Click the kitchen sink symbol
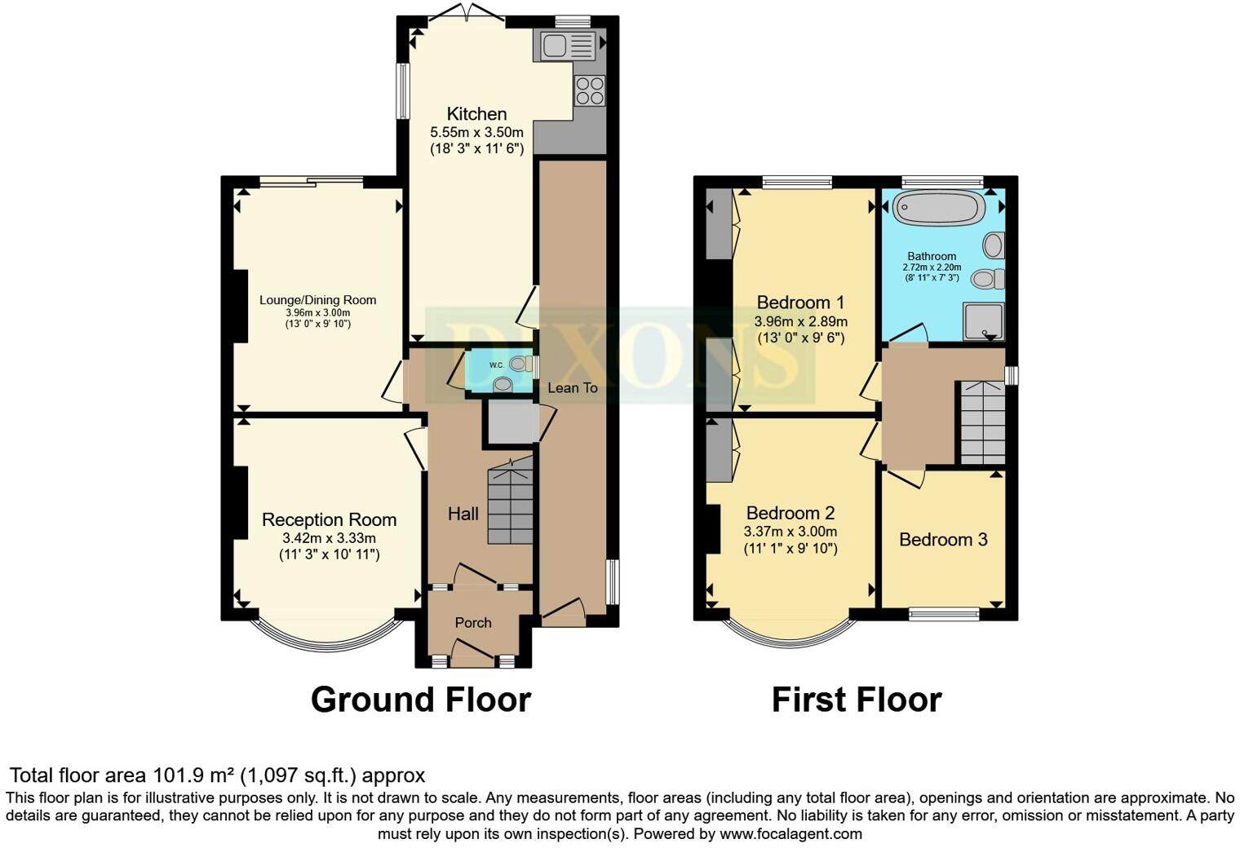565,46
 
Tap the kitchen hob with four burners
590,91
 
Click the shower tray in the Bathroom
984,320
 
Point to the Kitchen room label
476,114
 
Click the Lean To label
572,387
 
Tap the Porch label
473,622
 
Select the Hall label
463,514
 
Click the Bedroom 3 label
943,539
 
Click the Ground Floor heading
420,700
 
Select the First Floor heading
856,700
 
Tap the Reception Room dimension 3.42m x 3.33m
329,538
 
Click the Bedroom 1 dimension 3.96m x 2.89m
800,321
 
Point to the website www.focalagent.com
790,834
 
